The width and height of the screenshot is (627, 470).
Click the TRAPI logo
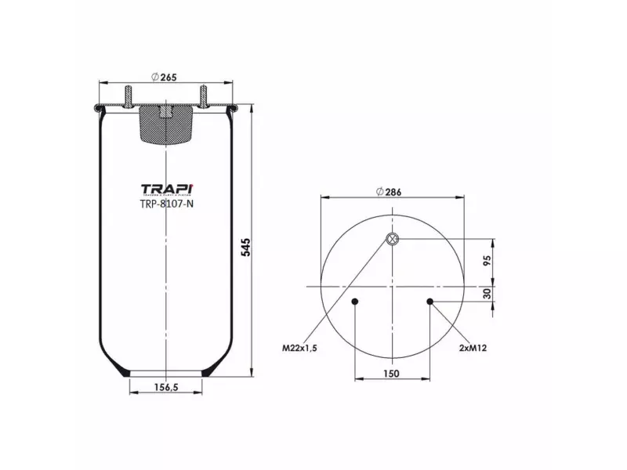[x=166, y=190]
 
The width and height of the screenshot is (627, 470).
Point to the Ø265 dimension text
[x=162, y=76]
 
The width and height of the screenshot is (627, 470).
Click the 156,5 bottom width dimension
[x=165, y=386]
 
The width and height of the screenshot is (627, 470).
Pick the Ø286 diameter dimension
[x=390, y=192]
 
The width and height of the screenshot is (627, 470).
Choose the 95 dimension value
[x=487, y=261]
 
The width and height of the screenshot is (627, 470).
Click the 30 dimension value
[x=487, y=294]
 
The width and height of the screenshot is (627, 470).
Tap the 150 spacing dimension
[x=391, y=374]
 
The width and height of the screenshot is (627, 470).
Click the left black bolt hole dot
[x=355, y=302]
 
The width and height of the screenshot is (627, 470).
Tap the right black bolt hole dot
[x=429, y=302]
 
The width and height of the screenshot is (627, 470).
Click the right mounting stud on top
[x=203, y=96]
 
